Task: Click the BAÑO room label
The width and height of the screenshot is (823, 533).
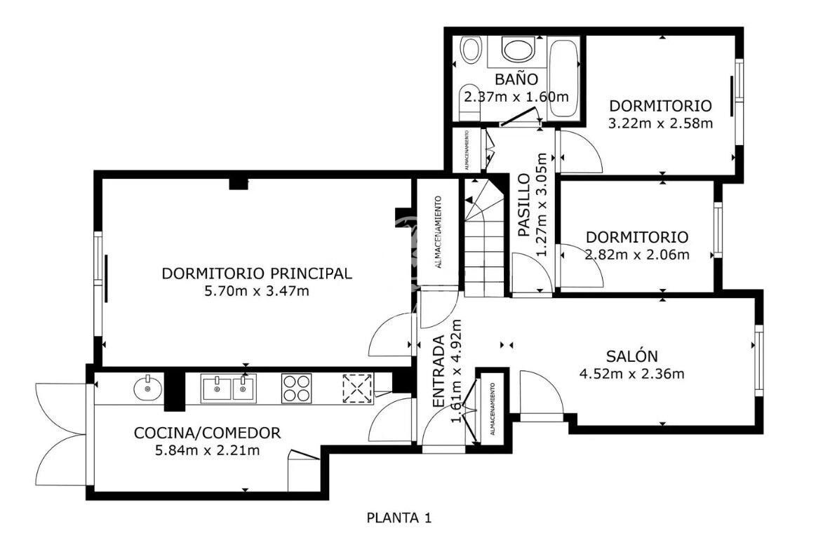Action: pos(516,79)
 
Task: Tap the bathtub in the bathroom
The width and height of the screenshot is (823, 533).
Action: pos(563,78)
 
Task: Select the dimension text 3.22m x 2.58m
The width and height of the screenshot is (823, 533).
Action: pos(660,124)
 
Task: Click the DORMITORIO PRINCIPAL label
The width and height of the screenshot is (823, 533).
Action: pos(257,274)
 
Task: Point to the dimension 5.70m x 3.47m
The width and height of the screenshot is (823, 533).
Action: pos(257,290)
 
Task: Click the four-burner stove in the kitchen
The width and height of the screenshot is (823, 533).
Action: pos(297,389)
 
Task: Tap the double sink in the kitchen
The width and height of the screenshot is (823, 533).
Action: pos(229,389)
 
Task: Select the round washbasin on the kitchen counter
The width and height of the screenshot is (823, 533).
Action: pos(148,389)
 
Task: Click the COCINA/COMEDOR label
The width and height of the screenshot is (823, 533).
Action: pos(207,433)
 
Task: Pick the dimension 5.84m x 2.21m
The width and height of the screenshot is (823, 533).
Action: pos(207,450)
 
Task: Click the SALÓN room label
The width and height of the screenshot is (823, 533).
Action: pos(632,356)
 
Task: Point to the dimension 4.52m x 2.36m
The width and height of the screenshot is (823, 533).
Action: pos(632,374)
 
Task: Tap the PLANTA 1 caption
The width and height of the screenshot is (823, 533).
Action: pos(399,518)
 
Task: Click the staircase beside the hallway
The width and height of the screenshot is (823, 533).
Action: pos(484,238)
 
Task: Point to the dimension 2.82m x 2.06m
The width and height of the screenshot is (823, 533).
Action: pos(637,255)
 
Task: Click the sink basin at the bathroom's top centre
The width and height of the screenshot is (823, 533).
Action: pos(518,49)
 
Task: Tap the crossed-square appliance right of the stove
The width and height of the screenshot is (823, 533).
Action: pos(358,389)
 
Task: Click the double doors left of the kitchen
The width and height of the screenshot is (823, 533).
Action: pos(62,434)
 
